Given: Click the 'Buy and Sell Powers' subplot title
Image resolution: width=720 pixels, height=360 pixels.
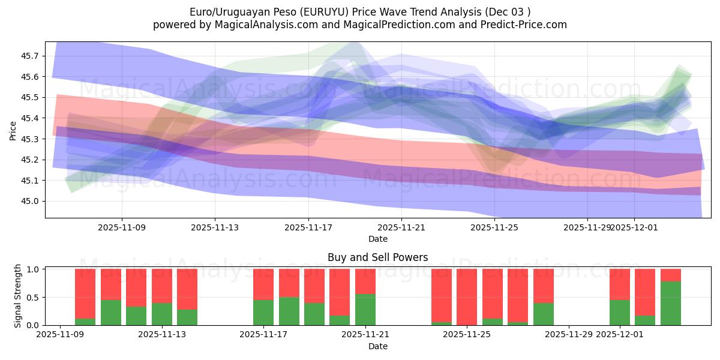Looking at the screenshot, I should [x=377, y=257].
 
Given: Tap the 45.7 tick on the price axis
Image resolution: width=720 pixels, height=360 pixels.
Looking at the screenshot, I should [x=29, y=56].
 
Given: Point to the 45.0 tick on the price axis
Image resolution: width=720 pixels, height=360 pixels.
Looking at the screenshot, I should [x=29, y=201].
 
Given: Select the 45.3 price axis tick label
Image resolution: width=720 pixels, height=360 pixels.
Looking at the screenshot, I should [x=29, y=139].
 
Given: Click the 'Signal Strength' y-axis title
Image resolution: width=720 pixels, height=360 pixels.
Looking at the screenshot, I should [x=18, y=296].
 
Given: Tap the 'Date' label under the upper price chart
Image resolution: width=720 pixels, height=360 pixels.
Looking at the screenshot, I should [x=377, y=239].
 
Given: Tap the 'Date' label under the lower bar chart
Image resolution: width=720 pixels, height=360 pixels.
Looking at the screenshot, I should [x=377, y=346].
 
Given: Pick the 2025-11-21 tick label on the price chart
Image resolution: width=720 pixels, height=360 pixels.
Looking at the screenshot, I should [x=401, y=227].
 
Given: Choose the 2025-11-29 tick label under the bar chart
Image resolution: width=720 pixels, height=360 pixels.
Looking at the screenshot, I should [x=569, y=335].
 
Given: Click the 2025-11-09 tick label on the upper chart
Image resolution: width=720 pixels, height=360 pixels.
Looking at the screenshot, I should [x=122, y=227].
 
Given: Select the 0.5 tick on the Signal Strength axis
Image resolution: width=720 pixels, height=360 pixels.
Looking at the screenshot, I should [x=34, y=297].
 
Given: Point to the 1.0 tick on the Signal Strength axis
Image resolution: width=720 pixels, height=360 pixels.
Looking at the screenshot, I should [x=34, y=269].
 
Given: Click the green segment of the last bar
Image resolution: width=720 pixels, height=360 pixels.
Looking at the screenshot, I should [x=670, y=304].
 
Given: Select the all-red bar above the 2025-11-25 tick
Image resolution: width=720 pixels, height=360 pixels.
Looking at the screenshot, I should [x=467, y=296].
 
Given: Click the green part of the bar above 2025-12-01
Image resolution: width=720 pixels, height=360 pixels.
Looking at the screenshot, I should [x=619, y=313].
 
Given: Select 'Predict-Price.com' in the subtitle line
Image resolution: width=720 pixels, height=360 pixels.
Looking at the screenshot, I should [x=526, y=25].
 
